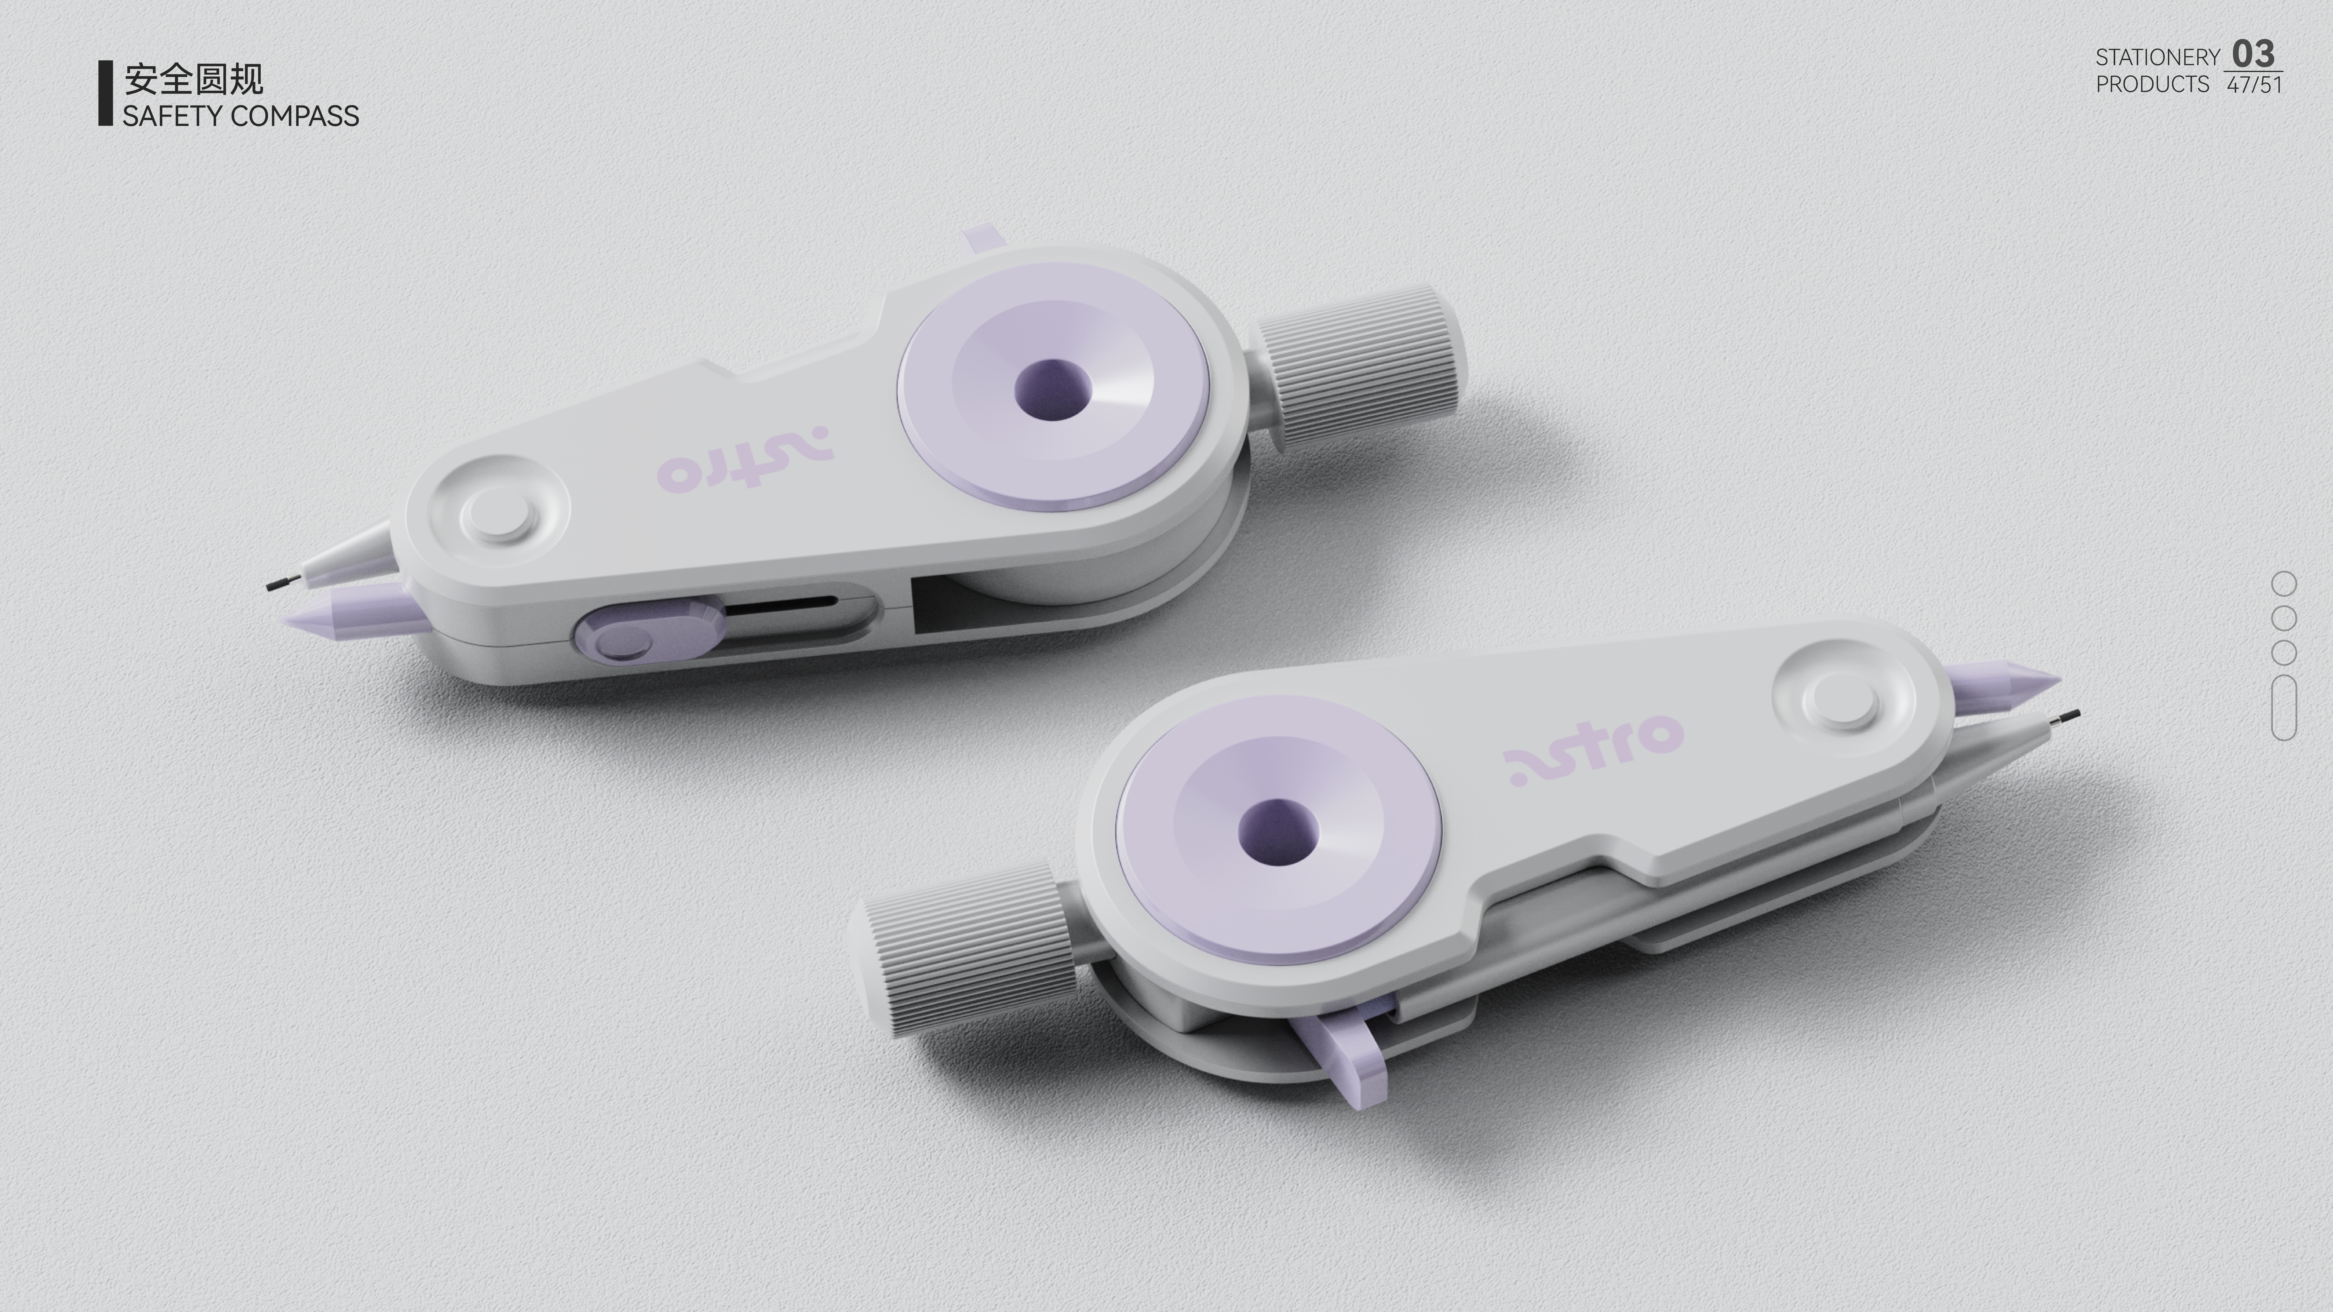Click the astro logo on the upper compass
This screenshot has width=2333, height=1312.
pyautogui.click(x=745, y=459)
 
